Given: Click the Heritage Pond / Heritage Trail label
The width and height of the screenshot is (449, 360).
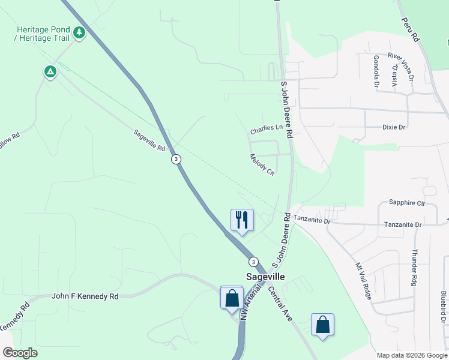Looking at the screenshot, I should coord(43,34).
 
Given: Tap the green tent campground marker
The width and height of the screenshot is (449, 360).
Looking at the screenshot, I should coord(50,72).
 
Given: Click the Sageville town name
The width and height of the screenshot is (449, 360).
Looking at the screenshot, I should coord(265,277).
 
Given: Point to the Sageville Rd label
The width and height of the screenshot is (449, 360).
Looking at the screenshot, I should coord(149,140).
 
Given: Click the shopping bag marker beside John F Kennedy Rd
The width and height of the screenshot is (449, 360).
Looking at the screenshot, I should coord(232,298).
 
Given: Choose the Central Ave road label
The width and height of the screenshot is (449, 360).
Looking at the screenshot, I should coord(280,304).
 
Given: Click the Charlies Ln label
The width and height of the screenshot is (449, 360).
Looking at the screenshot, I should coord(266,128).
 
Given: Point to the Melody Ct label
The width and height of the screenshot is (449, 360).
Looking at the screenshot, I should coord(262,164).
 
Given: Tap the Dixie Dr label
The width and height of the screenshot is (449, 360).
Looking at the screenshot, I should coord(394,127).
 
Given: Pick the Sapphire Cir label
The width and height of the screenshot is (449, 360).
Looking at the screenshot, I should coord(406,203).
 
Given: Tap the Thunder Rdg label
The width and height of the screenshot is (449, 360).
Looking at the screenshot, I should coord(414,267).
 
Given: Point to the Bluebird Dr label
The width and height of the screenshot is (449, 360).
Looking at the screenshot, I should coord(443,304).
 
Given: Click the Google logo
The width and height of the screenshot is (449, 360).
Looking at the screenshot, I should coord(20,353).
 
